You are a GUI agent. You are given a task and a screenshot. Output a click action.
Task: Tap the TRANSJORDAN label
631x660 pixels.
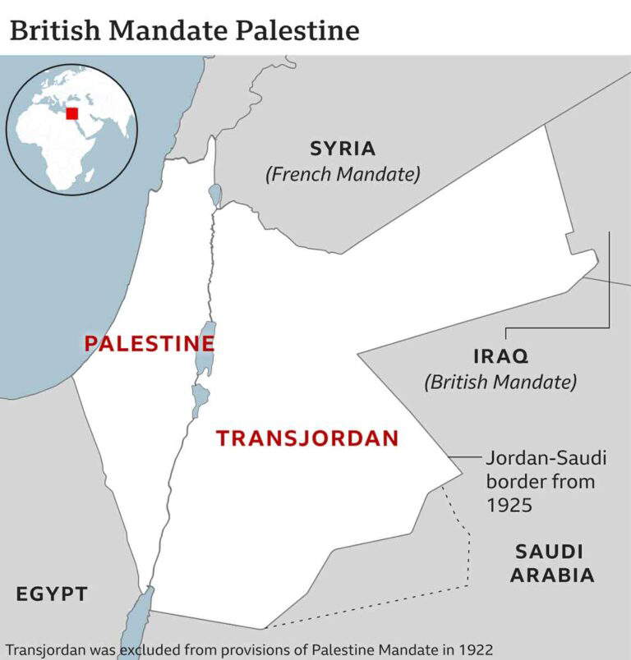point(307,438)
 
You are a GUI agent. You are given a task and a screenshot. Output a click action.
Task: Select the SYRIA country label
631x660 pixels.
point(343,149)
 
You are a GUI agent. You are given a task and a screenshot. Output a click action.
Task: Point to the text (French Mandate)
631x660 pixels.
point(343,174)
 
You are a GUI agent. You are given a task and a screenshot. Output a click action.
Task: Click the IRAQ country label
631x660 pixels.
point(500,356)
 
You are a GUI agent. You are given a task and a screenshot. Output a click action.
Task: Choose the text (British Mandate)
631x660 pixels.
point(500,382)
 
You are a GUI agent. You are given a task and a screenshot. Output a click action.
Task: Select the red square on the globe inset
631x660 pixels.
point(72,113)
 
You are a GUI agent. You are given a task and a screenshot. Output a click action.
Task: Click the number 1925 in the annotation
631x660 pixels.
point(509,504)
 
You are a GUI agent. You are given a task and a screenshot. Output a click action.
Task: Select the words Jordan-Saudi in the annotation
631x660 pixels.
point(546,458)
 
